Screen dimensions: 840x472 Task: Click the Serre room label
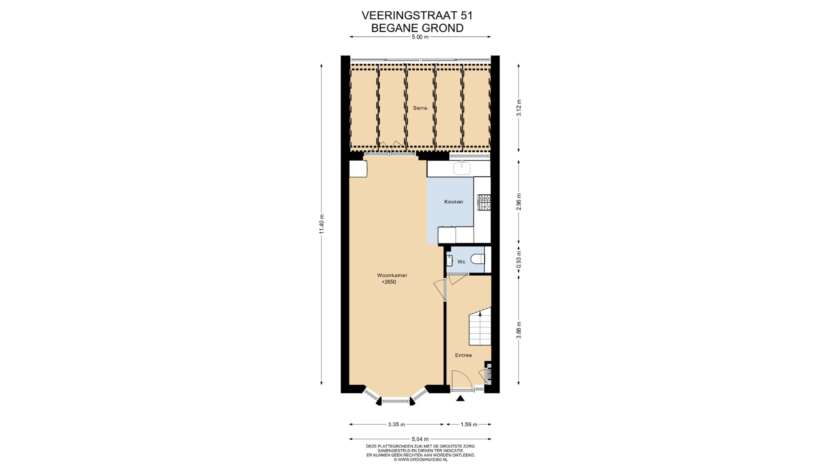click(420, 108)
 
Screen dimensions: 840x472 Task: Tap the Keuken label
click(453, 202)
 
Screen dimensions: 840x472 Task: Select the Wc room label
click(461, 262)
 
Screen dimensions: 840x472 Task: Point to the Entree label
click(463, 355)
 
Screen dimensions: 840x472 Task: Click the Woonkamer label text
click(392, 275)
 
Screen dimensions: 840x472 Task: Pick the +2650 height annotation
click(389, 282)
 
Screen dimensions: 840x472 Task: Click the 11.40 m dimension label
click(322, 224)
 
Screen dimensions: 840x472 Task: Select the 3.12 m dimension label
click(519, 108)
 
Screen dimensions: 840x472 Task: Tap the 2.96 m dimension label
click(519, 202)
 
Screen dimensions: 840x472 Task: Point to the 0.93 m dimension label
click(519, 260)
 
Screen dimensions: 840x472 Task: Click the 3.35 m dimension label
click(396, 424)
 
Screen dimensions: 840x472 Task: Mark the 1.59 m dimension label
click(469, 424)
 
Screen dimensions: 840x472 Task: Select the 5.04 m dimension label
click(420, 439)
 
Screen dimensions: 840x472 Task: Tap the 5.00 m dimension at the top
click(420, 37)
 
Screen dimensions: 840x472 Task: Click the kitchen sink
click(462, 168)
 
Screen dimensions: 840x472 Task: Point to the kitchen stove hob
click(484, 203)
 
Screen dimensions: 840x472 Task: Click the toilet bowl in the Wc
click(478, 259)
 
